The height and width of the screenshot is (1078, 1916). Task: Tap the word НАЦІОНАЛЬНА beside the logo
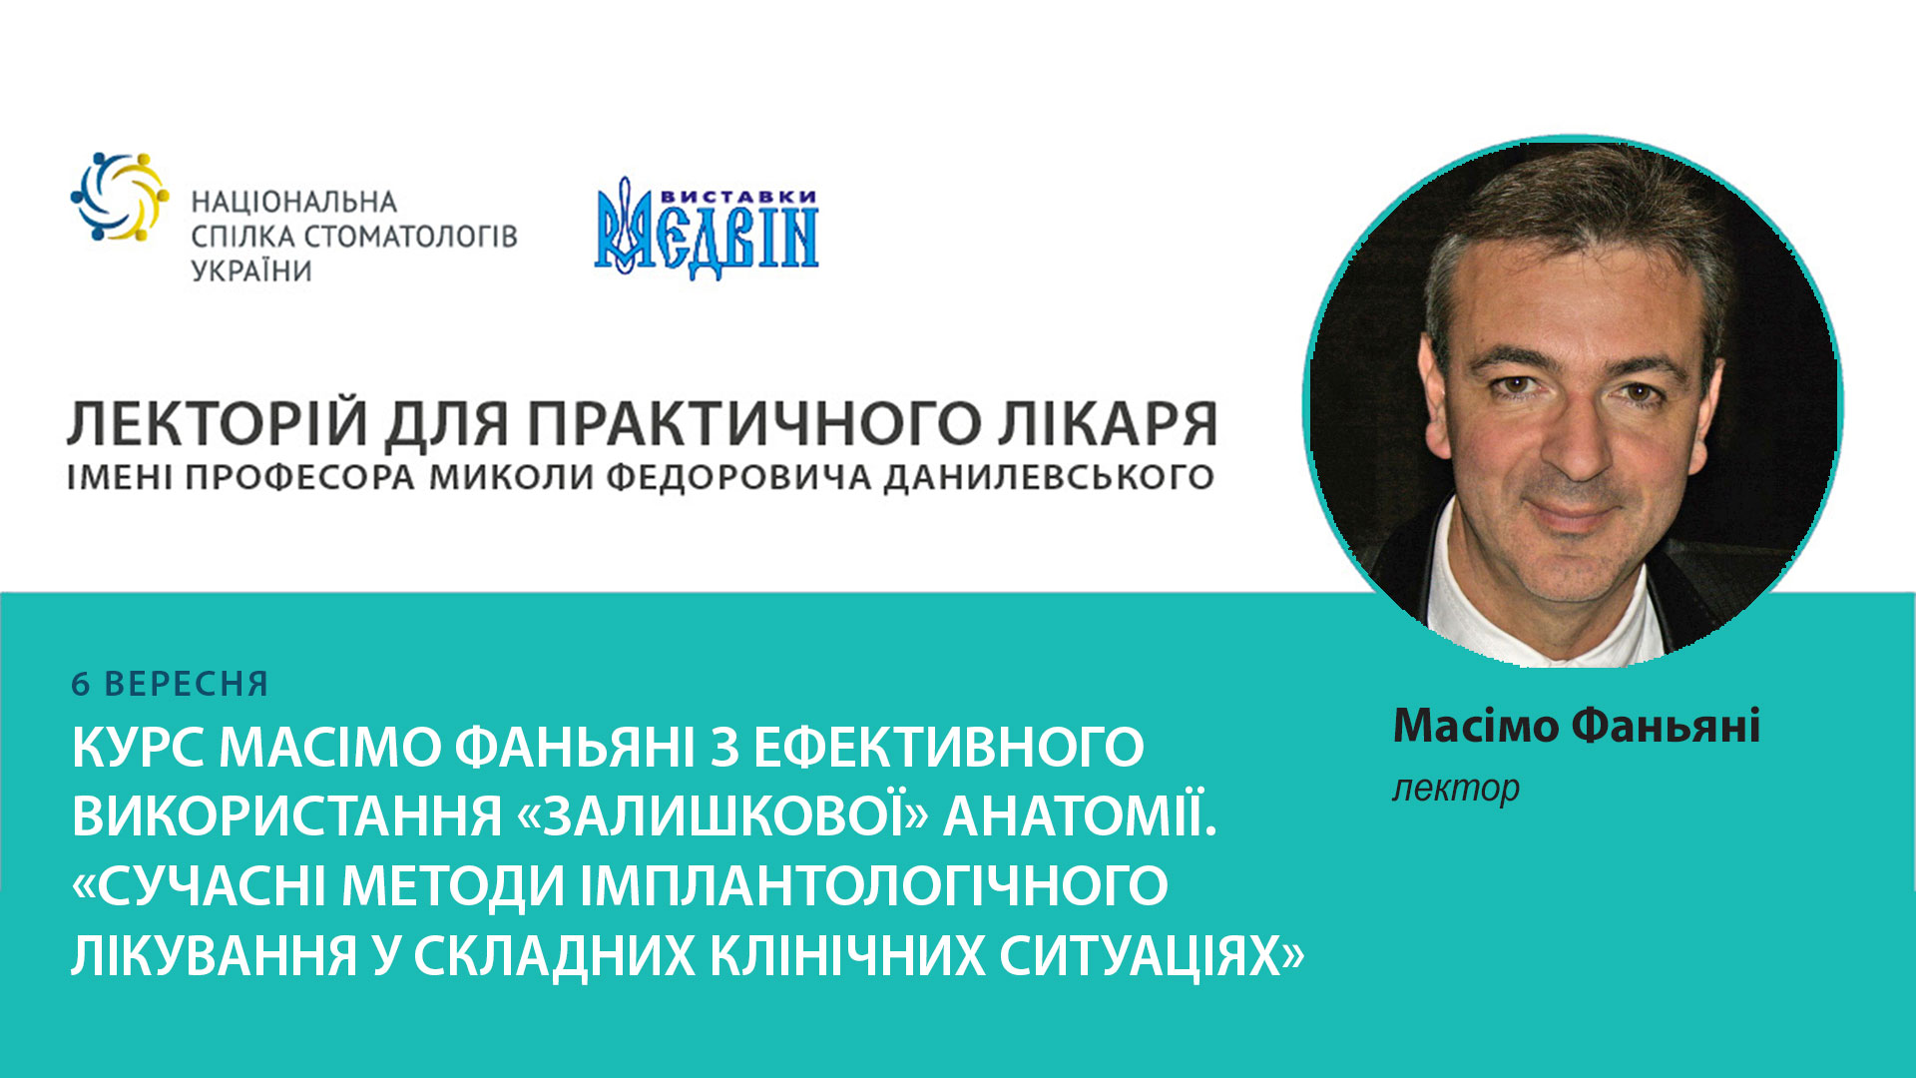294,203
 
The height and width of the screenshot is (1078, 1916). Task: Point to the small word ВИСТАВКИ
738,197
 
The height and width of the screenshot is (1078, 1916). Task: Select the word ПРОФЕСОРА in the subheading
299,478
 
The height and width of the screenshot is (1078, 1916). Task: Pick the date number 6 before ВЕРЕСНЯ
81,685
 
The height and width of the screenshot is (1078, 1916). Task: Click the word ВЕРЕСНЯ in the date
187,685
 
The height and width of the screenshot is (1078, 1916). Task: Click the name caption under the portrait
1576,726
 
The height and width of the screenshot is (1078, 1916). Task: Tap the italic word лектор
1456,789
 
